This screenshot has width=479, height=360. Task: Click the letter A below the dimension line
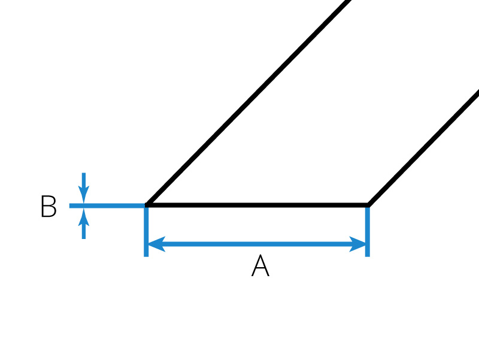pos(260,265)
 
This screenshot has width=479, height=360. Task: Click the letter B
pos(48,206)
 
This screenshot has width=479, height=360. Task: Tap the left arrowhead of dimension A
pos(156,244)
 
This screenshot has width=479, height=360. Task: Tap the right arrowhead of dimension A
pos(357,244)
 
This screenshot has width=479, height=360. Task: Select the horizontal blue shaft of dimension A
pos(257,244)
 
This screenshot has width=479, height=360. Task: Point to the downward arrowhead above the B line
pos(84,195)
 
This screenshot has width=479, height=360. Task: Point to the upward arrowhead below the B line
pos(84,217)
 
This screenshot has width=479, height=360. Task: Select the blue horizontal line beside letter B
pos(107,205)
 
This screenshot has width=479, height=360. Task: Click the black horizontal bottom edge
pos(257,205)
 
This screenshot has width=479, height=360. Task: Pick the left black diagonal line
pos(248,102)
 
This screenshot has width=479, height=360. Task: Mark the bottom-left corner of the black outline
pos(146,205)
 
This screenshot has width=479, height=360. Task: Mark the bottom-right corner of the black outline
pos(368,205)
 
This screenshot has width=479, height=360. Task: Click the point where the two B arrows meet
pos(84,205)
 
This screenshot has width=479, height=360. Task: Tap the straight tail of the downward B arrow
pos(84,180)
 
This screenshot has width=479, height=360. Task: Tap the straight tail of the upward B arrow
pos(84,232)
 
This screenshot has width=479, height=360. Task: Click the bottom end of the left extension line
pos(146,256)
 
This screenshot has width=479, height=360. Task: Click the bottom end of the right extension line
pos(368,256)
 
